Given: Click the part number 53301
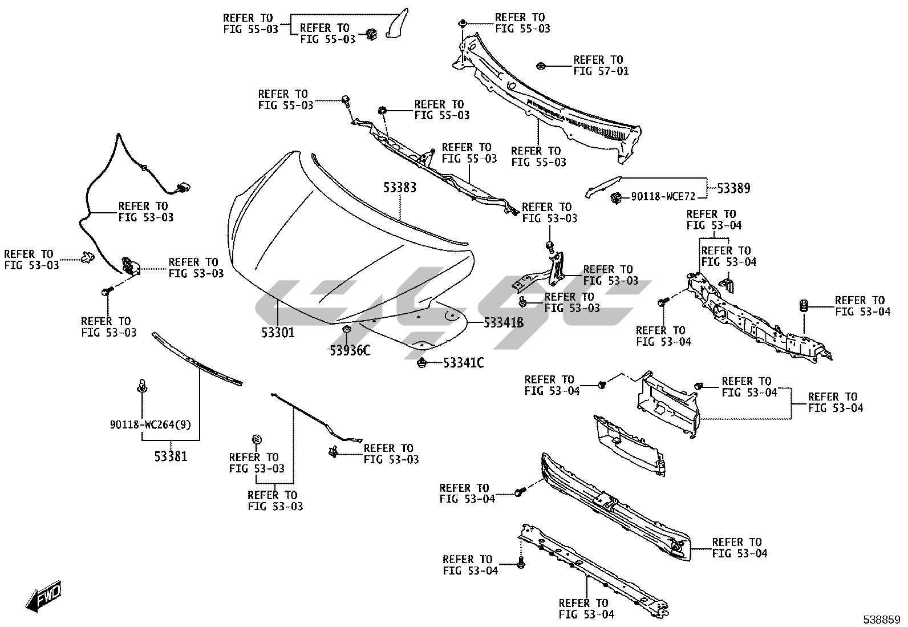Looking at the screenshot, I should (278, 332).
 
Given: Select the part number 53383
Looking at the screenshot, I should (399, 187).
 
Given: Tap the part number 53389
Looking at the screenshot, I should (733, 188).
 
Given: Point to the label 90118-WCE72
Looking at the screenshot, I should (663, 197).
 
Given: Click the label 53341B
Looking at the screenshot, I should (504, 323).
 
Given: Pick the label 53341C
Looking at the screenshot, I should (463, 362).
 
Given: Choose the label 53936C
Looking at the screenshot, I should (350, 350).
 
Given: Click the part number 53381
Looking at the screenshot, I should (171, 456).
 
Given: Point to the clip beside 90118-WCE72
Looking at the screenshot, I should (616, 198).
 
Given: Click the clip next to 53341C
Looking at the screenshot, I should (422, 362).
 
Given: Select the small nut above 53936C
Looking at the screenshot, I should (346, 330).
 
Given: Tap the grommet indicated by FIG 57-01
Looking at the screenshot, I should (541, 66).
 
